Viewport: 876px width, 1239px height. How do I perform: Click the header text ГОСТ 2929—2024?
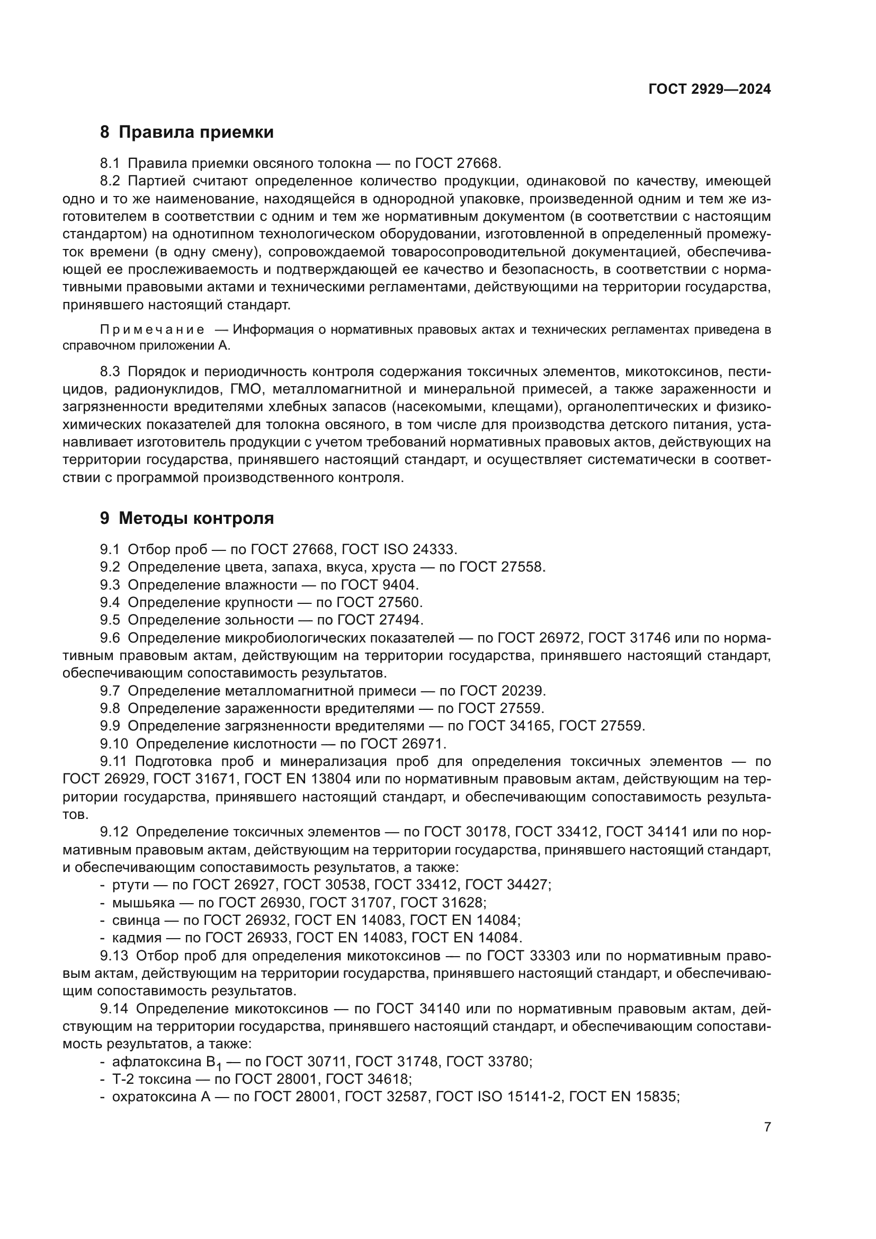(x=709, y=90)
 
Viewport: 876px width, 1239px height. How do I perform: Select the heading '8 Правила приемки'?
(x=186, y=132)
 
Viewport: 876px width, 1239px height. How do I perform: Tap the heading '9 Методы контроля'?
(x=186, y=519)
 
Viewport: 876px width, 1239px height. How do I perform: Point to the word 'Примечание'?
(x=152, y=329)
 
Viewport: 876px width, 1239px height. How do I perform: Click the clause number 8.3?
(x=110, y=372)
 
